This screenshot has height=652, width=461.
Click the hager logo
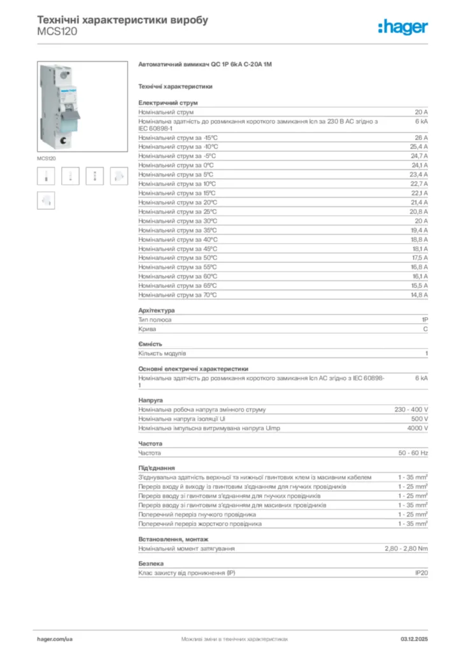tap(402, 27)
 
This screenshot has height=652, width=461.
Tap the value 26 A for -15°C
tap(421, 138)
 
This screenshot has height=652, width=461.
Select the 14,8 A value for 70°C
tap(420, 295)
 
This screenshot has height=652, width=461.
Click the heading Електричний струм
tap(168, 103)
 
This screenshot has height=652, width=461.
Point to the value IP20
tap(421, 573)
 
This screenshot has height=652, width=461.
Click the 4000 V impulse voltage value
tap(417, 428)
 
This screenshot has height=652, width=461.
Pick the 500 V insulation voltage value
tap(419, 419)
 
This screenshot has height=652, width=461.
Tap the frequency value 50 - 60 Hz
tap(413, 453)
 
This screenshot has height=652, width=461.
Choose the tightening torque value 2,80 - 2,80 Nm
tap(406, 548)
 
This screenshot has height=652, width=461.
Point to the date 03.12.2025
tap(414, 638)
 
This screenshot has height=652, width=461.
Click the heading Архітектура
tap(157, 310)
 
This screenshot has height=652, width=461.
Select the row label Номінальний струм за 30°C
tap(178, 221)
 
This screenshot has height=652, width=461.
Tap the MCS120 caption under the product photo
tap(46, 158)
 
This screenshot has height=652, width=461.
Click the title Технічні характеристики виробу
tap(123, 20)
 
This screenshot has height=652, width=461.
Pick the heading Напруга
tap(150, 400)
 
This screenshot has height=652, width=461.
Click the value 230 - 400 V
tap(411, 409)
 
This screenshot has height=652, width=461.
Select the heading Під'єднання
tap(157, 468)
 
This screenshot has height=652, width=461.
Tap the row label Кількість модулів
tap(162, 353)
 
